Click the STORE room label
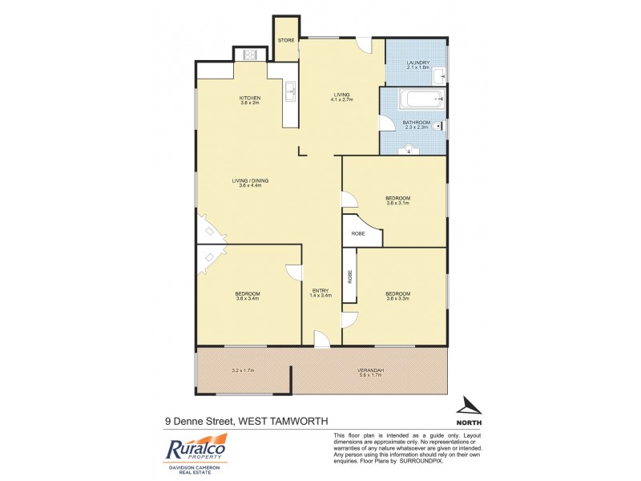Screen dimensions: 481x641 click(x=286, y=40)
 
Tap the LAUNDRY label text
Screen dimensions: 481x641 click(x=418, y=63)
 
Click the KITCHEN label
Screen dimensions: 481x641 click(x=250, y=98)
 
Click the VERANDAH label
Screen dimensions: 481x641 click(x=370, y=370)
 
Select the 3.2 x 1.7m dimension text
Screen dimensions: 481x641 click(x=242, y=370)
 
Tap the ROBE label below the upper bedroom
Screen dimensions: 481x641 click(x=358, y=234)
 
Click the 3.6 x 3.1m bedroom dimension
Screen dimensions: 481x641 click(x=397, y=203)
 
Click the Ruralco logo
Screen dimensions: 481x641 click(x=197, y=448)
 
